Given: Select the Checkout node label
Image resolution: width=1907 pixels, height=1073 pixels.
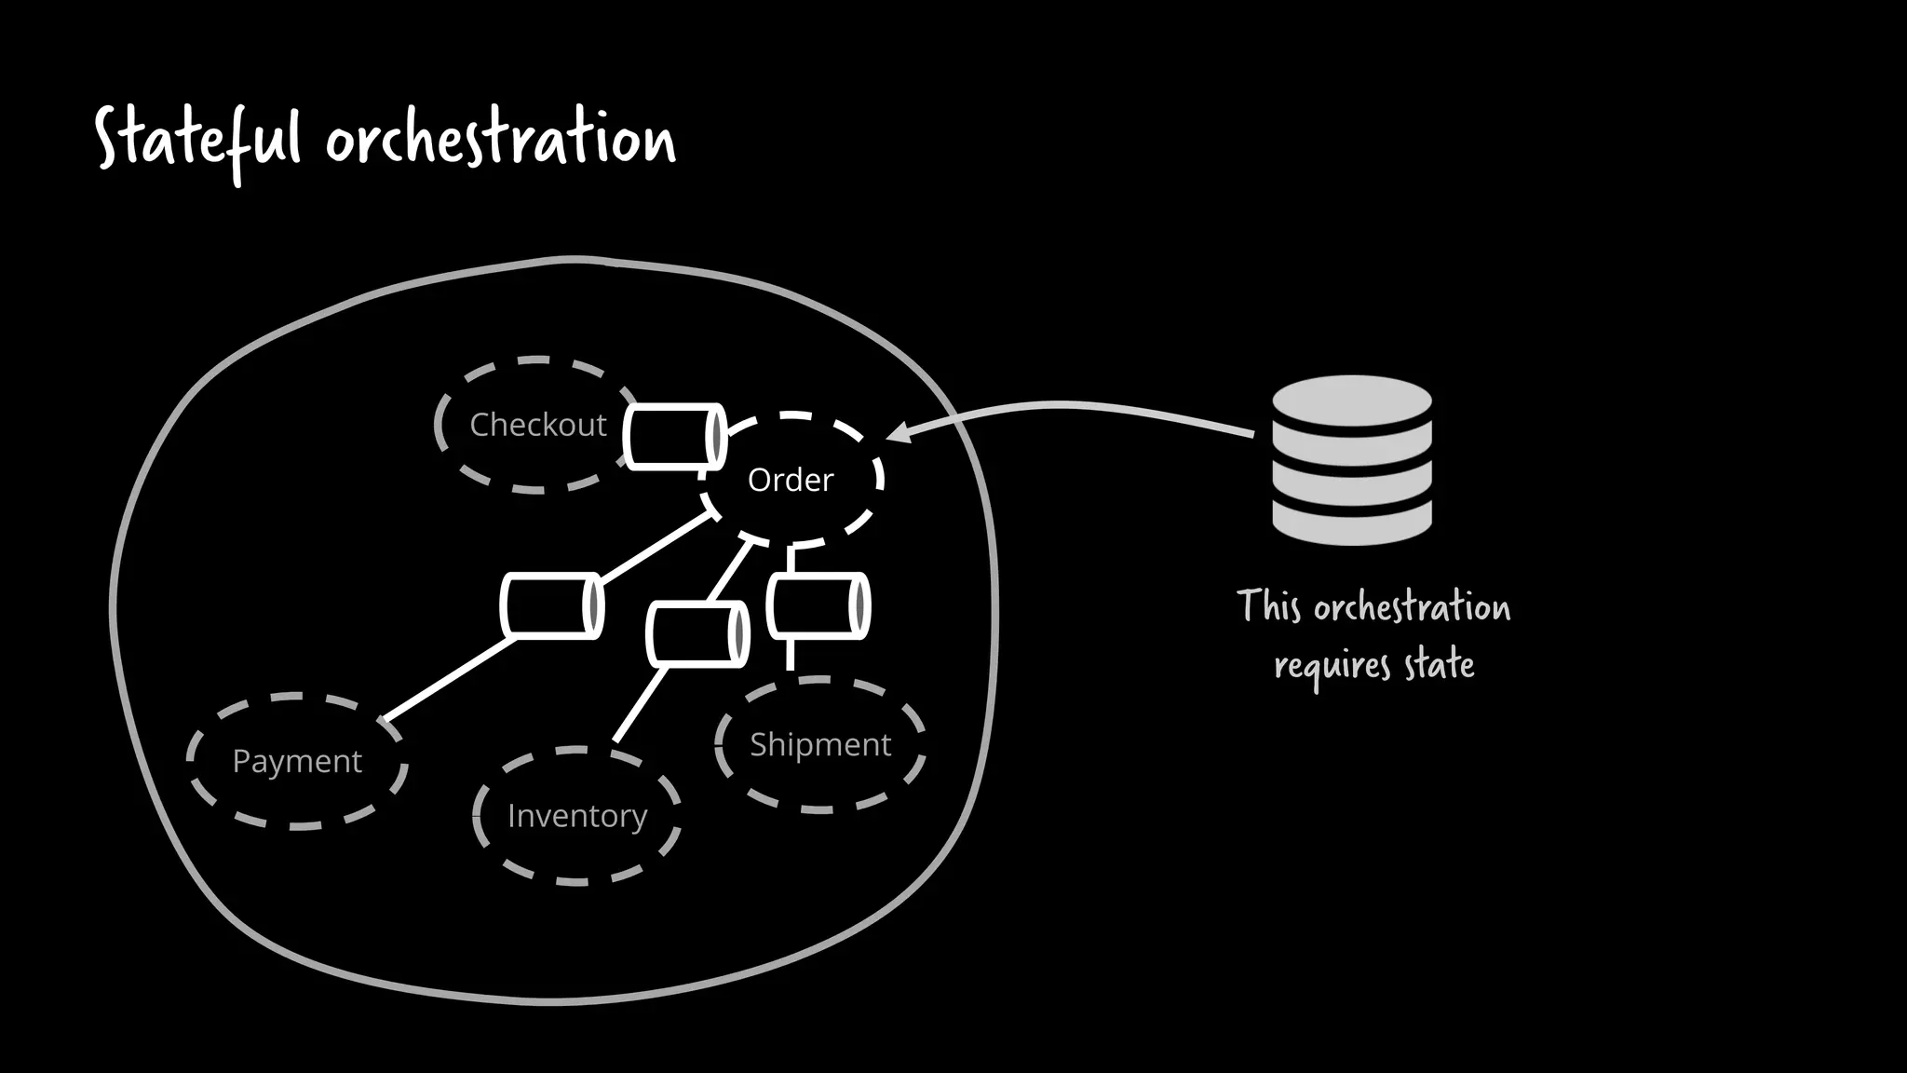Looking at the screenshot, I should click(x=537, y=425).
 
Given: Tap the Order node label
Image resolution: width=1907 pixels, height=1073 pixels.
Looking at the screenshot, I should click(x=790, y=480).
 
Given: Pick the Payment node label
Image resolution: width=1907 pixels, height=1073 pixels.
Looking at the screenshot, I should click(x=296, y=761).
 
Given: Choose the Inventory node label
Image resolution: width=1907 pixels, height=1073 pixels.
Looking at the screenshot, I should click(x=576, y=816).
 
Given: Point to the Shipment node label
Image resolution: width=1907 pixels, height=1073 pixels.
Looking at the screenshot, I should click(x=819, y=744).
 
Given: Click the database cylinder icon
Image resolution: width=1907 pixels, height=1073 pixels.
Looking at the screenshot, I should click(x=1351, y=460).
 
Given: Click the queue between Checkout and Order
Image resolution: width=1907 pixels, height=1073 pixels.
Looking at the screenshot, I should click(x=674, y=436).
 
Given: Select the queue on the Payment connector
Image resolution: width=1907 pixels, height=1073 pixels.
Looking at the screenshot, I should click(x=551, y=605).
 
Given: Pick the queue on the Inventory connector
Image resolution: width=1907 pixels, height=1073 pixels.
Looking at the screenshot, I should click(x=697, y=634).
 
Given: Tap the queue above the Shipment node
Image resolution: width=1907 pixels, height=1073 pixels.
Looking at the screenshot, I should click(x=818, y=605).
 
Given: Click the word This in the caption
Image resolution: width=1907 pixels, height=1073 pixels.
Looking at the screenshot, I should click(x=1267, y=606).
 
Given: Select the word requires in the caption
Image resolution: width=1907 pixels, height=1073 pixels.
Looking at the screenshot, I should click(x=1332, y=666).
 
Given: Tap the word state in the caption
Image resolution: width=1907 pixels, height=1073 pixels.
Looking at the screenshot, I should click(x=1439, y=664).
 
